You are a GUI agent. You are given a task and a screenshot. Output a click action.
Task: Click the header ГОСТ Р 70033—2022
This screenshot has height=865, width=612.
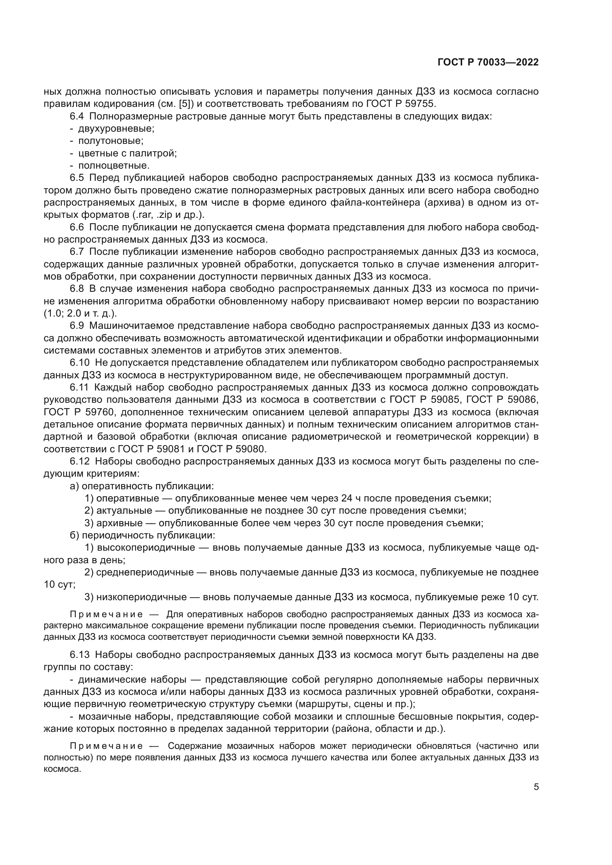point(488,62)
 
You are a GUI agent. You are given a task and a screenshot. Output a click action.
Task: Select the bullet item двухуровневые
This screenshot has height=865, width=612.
point(116,129)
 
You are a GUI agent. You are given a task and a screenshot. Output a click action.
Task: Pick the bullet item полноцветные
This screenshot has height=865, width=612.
point(114,166)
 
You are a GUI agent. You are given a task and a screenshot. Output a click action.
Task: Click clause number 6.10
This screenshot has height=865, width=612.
point(80,363)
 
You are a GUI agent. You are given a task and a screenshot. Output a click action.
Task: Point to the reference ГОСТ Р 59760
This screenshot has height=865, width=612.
point(78,412)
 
